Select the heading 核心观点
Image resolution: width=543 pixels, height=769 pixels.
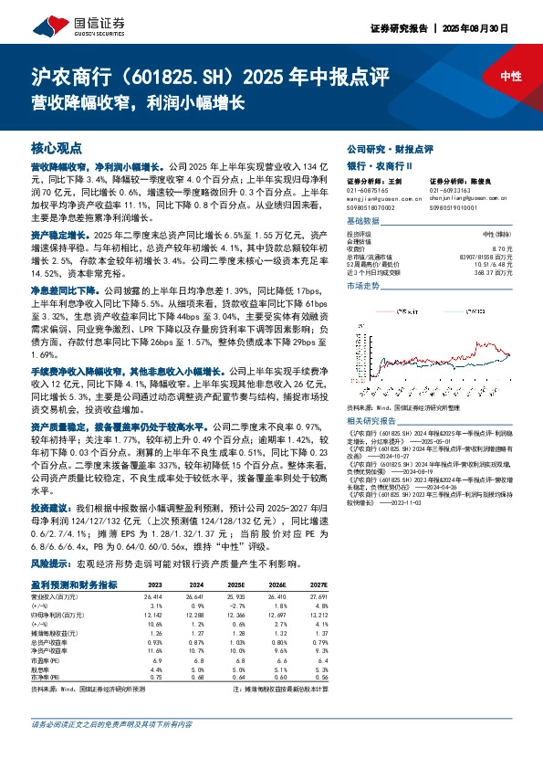tap(52, 147)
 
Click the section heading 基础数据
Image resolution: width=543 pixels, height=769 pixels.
tap(364, 222)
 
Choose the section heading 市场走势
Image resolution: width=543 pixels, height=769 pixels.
tap(364, 287)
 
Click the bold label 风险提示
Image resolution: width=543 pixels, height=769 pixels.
tap(49, 564)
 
